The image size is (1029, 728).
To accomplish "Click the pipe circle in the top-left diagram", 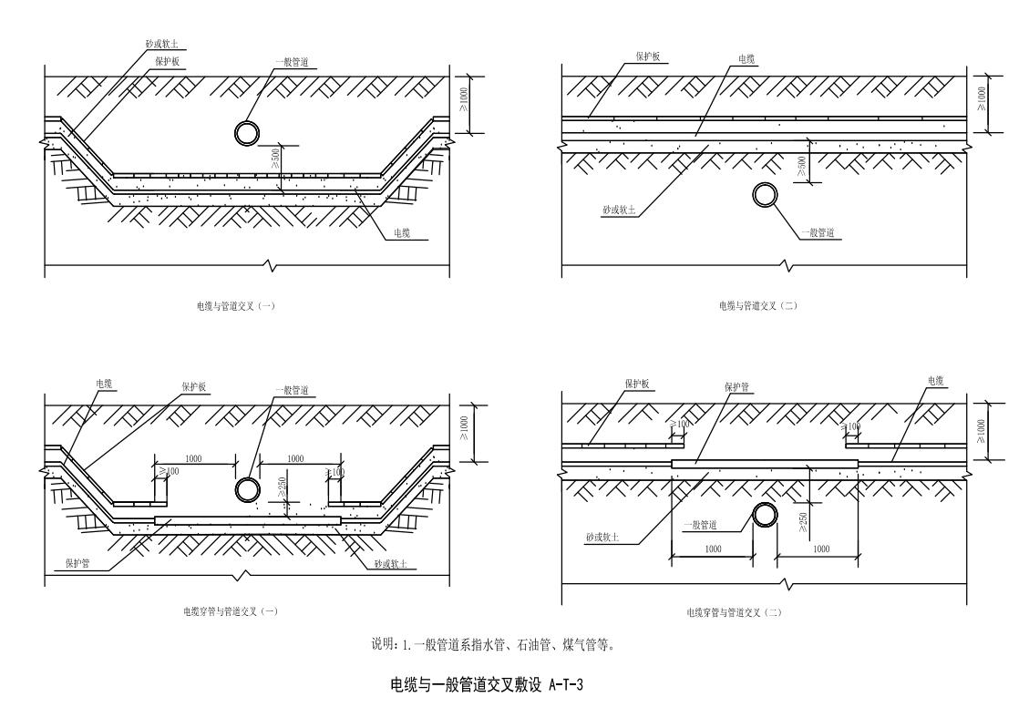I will coord(246,133).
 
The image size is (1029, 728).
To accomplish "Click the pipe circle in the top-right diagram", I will coord(765,195).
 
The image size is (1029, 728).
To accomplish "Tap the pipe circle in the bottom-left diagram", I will coord(246,489).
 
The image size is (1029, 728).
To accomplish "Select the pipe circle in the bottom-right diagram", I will coord(764,516).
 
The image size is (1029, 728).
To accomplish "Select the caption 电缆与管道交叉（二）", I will coord(757,306).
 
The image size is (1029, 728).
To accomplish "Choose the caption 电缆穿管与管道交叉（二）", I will coord(734,612).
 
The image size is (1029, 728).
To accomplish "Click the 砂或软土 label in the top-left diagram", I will coord(159,43).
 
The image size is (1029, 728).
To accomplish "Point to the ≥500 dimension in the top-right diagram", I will coord(802,167).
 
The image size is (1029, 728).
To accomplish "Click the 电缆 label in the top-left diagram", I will coord(401,233).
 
